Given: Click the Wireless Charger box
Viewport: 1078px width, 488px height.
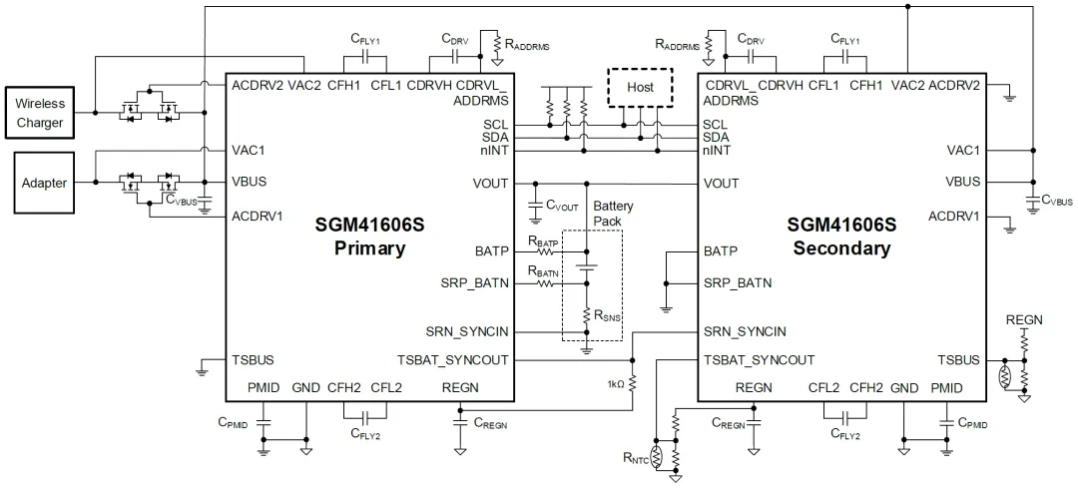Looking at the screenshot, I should tap(40, 113).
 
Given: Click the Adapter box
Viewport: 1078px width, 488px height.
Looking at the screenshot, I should tap(44, 184).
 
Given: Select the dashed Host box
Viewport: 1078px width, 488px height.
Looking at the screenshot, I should tap(640, 87).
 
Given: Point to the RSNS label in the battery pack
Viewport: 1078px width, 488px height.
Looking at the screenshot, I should tap(606, 317).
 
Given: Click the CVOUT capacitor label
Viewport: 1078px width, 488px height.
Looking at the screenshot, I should tap(562, 205).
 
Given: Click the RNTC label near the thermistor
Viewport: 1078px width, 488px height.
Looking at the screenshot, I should tap(633, 460).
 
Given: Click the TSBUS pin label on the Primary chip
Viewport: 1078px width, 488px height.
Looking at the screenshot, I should tap(253, 360).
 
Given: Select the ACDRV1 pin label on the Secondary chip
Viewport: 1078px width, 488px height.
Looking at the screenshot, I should tap(955, 216).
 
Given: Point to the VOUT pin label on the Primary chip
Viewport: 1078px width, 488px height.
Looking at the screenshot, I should tap(490, 184).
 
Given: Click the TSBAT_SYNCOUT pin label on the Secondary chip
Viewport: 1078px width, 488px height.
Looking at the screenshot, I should tap(759, 360).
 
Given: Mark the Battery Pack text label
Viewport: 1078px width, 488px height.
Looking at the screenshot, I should tap(613, 213).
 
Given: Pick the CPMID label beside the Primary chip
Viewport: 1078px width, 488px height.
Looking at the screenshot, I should tap(232, 424).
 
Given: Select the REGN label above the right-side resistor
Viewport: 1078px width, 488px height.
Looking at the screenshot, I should tap(1023, 319).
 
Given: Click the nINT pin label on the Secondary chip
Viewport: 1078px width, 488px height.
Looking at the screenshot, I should tap(717, 151).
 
